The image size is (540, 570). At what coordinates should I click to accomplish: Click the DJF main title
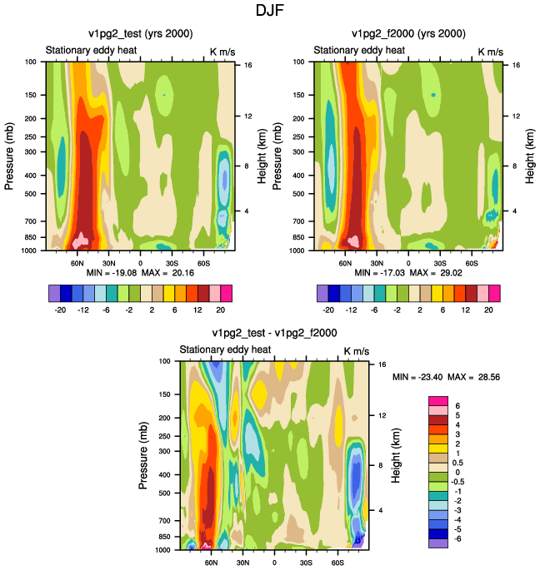click(x=269, y=10)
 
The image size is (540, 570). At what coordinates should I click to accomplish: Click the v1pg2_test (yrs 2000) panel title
click(x=141, y=34)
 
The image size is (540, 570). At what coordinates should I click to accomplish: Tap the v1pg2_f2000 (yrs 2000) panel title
click(x=408, y=34)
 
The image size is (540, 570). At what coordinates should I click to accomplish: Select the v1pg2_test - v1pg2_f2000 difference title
click(x=274, y=333)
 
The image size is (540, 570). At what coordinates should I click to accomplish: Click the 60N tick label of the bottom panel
click(x=211, y=563)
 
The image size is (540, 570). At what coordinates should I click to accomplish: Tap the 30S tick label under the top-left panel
click(x=172, y=263)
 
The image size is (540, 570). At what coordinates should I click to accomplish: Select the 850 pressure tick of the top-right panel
click(x=298, y=237)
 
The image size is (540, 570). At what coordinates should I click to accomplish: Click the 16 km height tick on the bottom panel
click(x=382, y=364)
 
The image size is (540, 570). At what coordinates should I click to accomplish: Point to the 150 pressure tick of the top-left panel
click(x=30, y=95)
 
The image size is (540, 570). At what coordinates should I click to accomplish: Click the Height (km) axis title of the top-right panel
click(x=530, y=156)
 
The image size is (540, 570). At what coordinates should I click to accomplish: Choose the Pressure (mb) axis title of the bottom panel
click(x=143, y=455)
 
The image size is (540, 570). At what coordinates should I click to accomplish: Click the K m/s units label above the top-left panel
click(x=222, y=52)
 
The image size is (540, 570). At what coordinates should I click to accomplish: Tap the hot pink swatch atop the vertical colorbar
click(x=438, y=401)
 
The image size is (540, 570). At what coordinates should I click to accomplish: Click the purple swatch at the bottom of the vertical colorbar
click(x=438, y=543)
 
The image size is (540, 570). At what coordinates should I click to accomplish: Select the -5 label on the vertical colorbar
click(x=457, y=529)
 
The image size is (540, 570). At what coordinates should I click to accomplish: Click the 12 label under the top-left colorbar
click(x=197, y=310)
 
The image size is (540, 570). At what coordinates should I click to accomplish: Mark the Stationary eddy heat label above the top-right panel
click(x=359, y=50)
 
